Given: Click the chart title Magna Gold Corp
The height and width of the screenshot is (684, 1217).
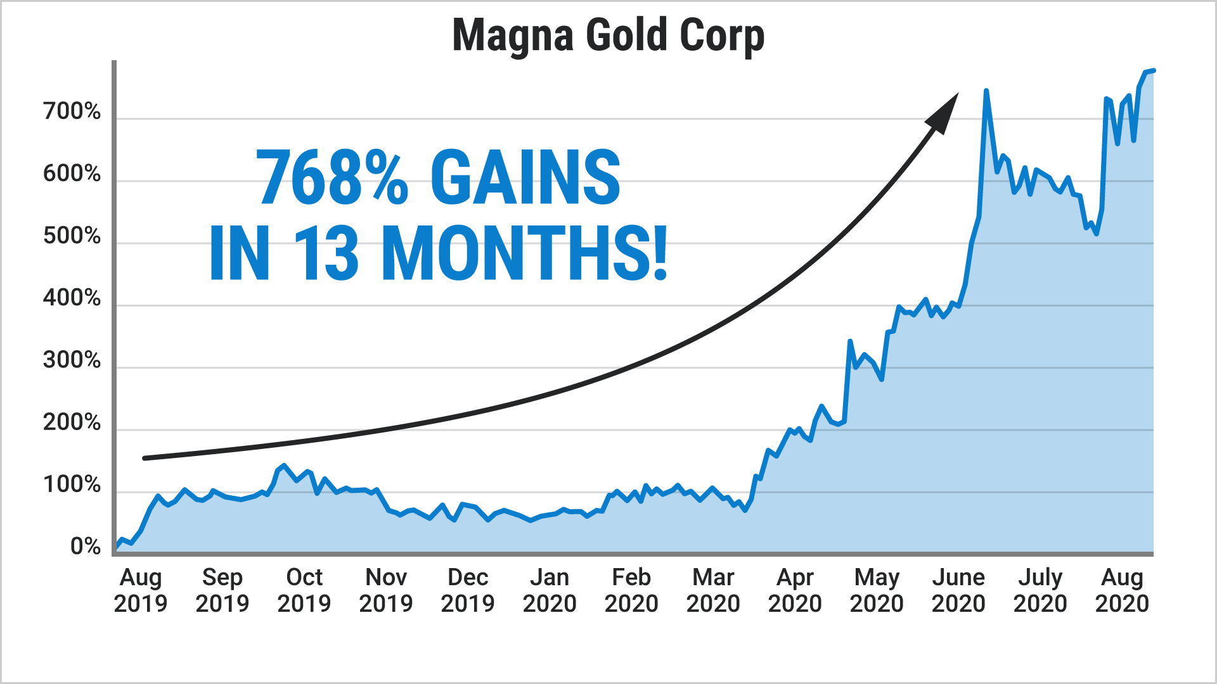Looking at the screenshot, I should [608, 35].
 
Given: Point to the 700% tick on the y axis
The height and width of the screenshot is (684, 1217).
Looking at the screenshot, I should [72, 111].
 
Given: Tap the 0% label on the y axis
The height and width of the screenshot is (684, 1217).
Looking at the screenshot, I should [85, 547].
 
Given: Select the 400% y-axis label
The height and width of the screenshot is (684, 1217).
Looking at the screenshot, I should [72, 298].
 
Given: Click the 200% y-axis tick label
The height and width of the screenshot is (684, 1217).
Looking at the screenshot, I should [72, 422].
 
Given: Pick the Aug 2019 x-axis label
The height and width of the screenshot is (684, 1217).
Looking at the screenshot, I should [141, 590].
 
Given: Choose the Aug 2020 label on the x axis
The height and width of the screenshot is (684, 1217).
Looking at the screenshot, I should [1122, 590].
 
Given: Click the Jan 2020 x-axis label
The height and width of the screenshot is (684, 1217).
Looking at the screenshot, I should [550, 590].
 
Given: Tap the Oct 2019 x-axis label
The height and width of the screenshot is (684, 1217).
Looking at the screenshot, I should [304, 590].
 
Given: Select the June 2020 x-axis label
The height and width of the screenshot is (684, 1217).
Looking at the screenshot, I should [958, 590].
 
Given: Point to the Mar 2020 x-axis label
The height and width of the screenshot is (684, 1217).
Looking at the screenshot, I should [713, 590].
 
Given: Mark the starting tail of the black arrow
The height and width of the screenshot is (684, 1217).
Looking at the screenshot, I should [146, 458].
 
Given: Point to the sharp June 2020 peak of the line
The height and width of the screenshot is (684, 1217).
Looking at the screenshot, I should [986, 91].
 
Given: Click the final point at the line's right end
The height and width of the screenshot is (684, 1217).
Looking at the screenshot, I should [1154, 70].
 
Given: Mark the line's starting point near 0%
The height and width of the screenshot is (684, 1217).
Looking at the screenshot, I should [116, 548].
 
